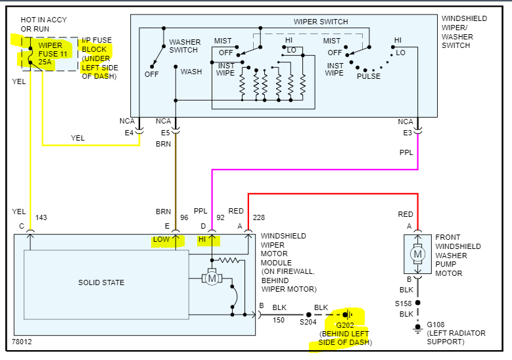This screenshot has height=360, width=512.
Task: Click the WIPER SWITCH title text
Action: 320,22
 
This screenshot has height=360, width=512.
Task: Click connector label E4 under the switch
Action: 129,133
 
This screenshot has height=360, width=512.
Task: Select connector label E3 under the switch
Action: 408,133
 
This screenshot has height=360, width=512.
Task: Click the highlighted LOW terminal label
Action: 161,240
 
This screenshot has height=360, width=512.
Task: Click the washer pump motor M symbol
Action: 417,254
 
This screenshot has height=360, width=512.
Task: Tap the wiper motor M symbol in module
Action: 212,279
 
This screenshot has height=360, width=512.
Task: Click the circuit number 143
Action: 41,217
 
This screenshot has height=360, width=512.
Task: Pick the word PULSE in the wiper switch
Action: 369,76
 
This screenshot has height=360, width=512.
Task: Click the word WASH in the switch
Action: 191,72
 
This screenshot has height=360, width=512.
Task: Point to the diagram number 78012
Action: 22,342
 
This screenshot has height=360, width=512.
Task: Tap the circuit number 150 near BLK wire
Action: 279,320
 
